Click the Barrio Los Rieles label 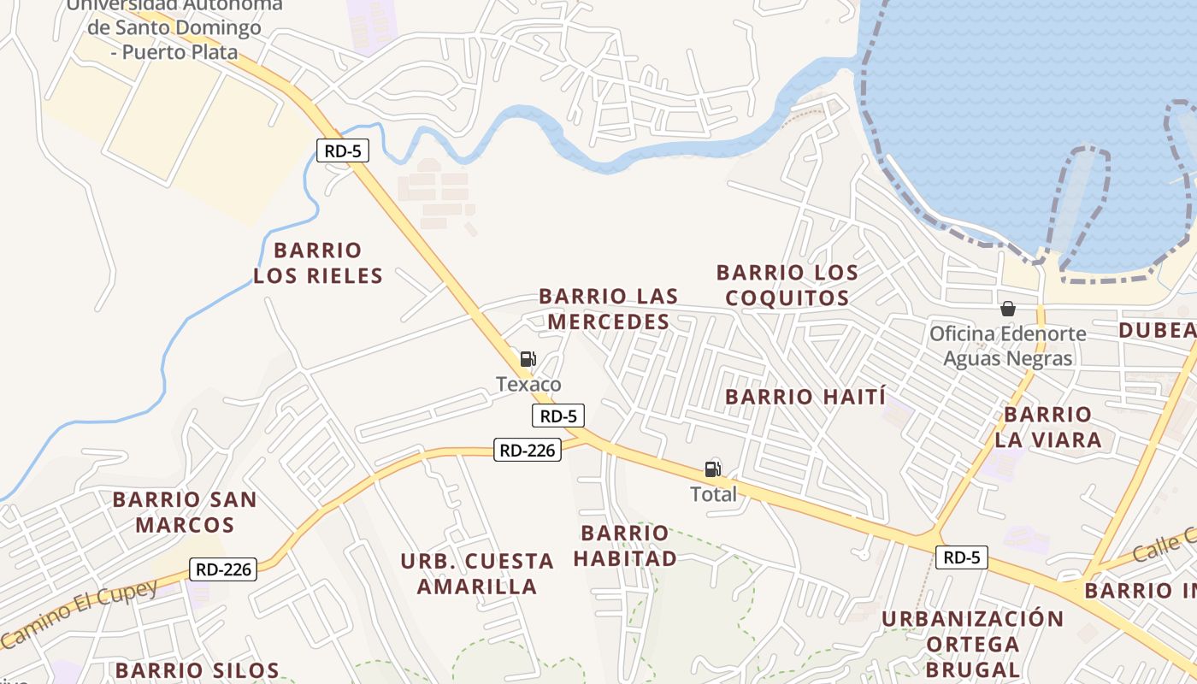(318, 263)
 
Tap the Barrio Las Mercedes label (609, 309)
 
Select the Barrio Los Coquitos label (787, 286)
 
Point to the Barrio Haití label (805, 397)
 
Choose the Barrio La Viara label (1048, 427)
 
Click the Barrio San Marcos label (185, 511)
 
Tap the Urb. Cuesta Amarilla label (477, 574)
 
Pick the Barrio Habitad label (625, 545)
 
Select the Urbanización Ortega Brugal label (973, 643)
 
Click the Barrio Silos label (198, 670)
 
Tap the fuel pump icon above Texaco (528, 359)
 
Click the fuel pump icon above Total (712, 469)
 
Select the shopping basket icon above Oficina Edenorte (1008, 309)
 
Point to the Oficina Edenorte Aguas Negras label (1008, 345)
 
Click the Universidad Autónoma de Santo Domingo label (174, 28)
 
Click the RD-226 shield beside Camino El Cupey (222, 569)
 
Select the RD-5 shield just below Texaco (558, 416)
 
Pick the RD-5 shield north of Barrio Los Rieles (342, 151)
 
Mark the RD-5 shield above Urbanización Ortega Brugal (962, 557)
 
